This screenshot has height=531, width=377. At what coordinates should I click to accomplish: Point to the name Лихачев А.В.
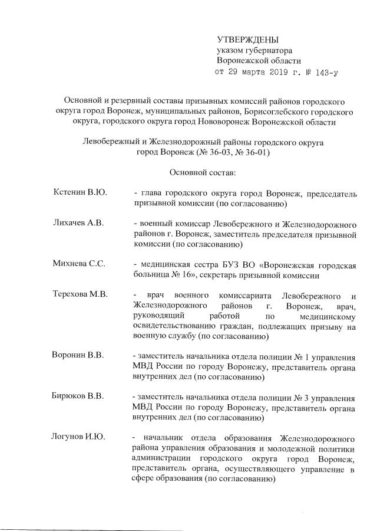(78, 225)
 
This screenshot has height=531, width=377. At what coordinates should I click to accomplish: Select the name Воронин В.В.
(78, 355)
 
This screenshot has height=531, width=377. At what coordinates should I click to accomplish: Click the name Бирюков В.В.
(78, 396)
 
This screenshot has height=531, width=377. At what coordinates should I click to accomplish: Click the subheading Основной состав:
(202, 173)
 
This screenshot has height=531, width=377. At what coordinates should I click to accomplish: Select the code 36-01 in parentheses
(256, 152)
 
